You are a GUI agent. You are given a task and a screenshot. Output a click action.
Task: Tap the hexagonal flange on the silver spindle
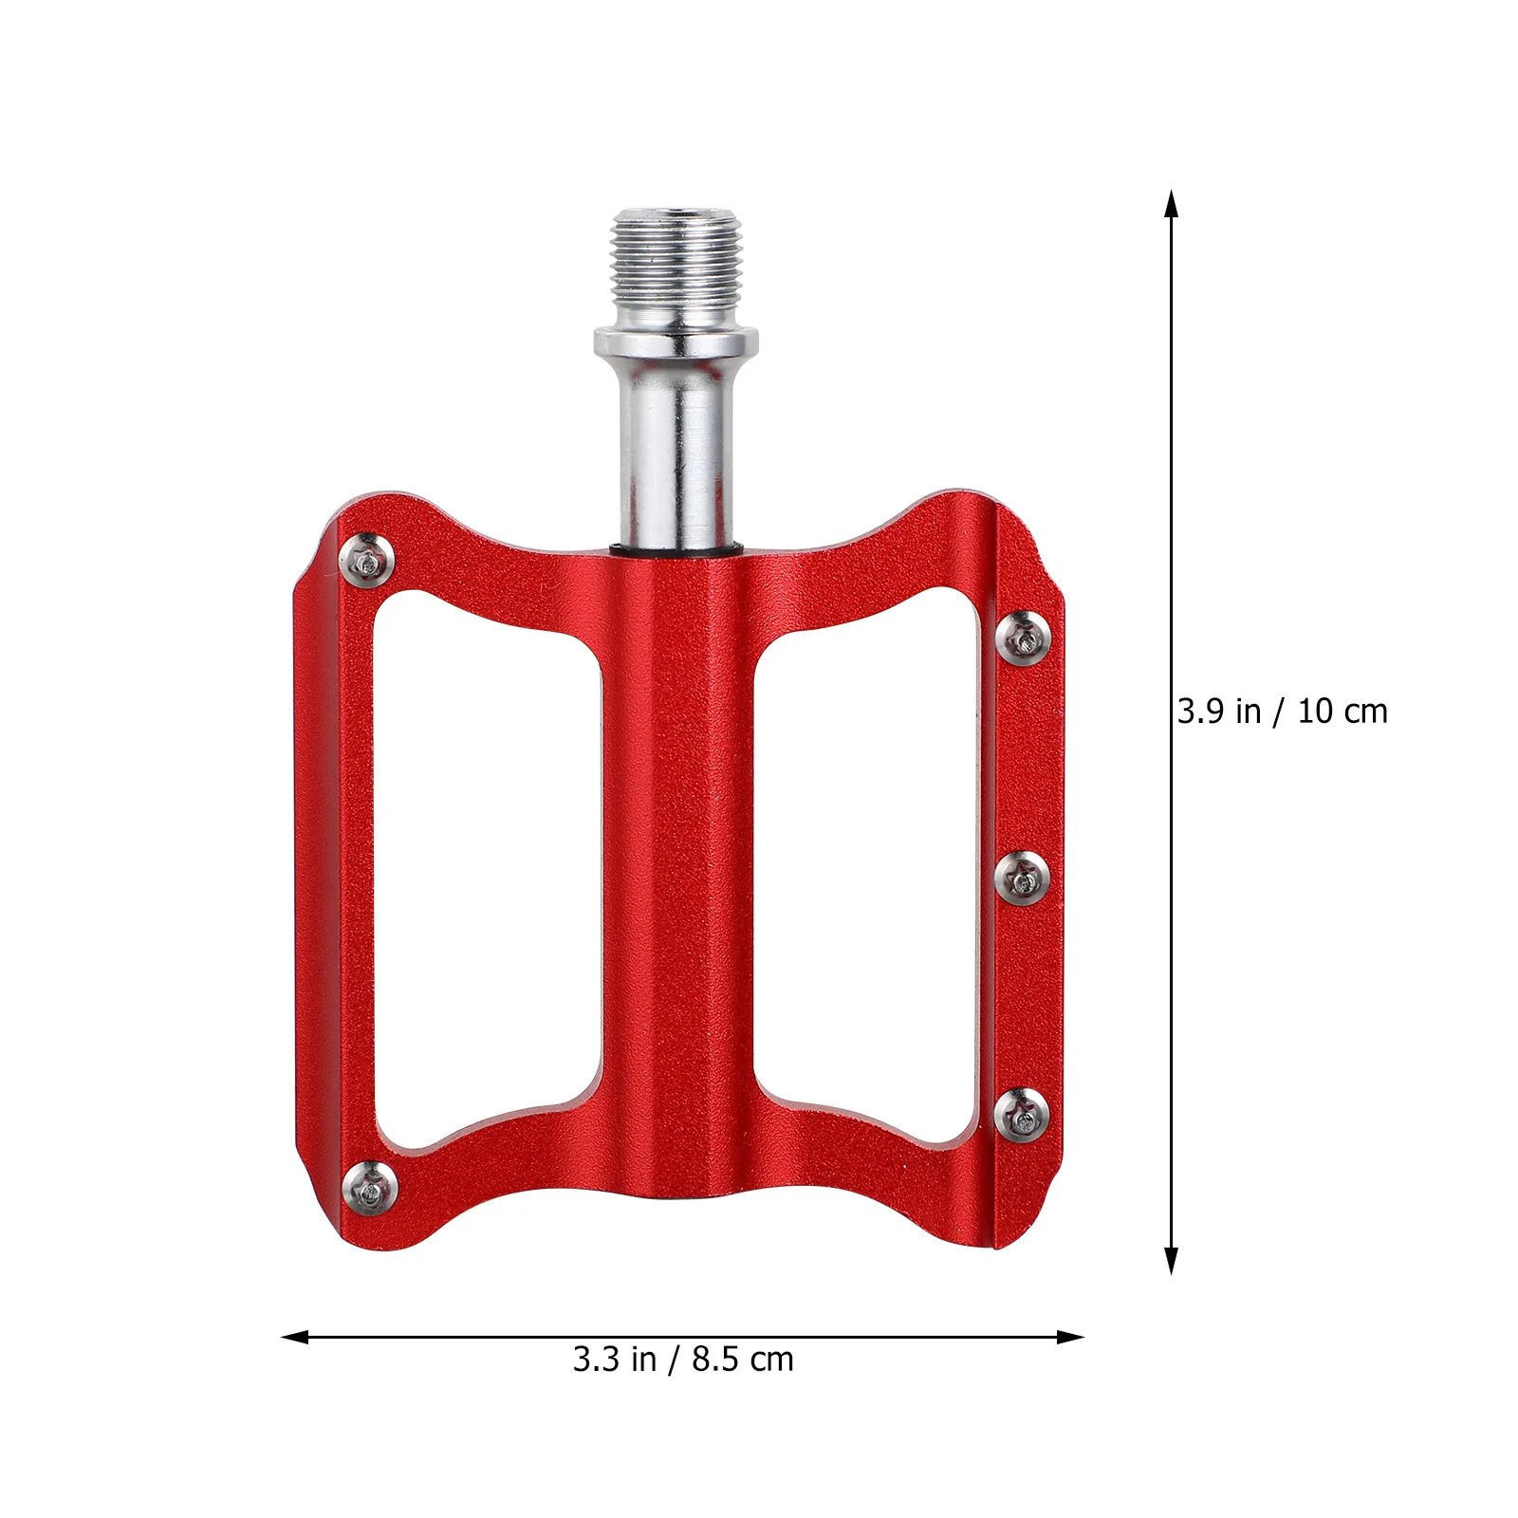[676, 341]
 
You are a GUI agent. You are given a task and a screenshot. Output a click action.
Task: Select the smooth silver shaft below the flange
[676, 446]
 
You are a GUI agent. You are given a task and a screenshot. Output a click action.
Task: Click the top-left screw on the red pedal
[369, 559]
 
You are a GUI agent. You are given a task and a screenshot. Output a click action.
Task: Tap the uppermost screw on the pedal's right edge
[1024, 637]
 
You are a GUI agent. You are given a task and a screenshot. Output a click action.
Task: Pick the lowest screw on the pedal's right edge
[1024, 1114]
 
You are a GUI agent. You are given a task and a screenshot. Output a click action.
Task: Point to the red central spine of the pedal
[676, 854]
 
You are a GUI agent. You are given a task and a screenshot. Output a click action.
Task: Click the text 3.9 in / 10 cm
[1282, 712]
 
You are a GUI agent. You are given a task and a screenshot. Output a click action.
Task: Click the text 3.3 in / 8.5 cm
[682, 1360]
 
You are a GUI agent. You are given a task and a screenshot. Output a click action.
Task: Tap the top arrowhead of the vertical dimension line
[1172, 204]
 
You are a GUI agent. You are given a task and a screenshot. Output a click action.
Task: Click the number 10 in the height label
[1316, 712]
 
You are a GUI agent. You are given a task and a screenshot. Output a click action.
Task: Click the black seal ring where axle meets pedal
[676, 549]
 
